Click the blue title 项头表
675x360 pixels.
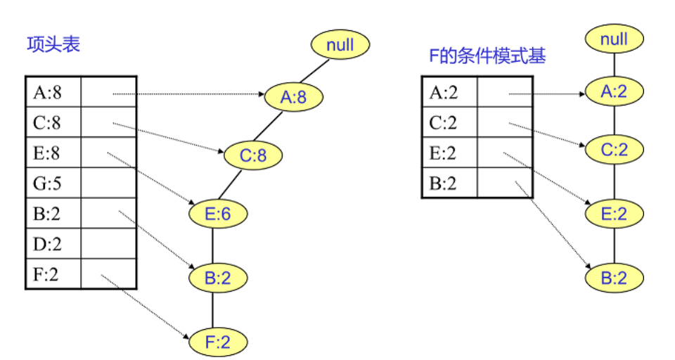click(x=53, y=45)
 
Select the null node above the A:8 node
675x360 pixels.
click(x=340, y=46)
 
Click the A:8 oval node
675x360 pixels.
click(x=294, y=97)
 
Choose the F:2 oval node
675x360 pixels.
click(x=217, y=342)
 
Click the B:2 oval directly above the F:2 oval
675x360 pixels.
click(x=217, y=278)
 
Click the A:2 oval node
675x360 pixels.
click(x=615, y=92)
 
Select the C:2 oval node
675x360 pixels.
click(x=615, y=149)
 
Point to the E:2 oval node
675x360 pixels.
click(x=615, y=213)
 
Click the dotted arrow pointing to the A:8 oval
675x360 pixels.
click(x=190, y=94)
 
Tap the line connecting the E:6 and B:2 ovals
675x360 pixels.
click(x=212, y=246)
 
